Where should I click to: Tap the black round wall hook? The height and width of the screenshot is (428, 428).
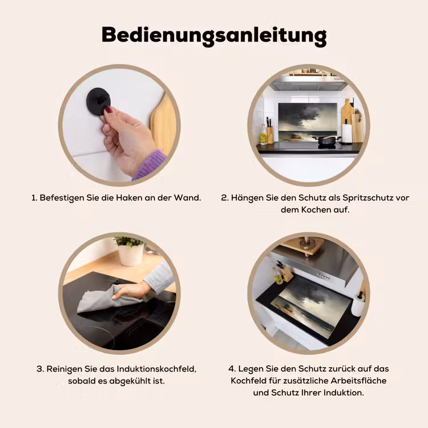[x=99, y=101]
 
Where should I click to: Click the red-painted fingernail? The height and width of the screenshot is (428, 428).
[x=108, y=110]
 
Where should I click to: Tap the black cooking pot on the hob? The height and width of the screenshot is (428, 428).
[x=328, y=140]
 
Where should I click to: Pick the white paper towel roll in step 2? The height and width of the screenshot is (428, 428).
[x=347, y=133]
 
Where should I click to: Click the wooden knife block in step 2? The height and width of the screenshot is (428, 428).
[x=270, y=135]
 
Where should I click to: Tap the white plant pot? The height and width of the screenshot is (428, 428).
[x=131, y=255]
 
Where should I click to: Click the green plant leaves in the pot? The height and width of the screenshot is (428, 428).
[x=128, y=241]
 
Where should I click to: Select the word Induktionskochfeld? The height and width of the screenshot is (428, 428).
[x=156, y=369]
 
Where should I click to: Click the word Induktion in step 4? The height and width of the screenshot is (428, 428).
[x=344, y=393]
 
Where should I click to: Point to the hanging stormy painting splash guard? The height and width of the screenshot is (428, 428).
[x=308, y=122]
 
